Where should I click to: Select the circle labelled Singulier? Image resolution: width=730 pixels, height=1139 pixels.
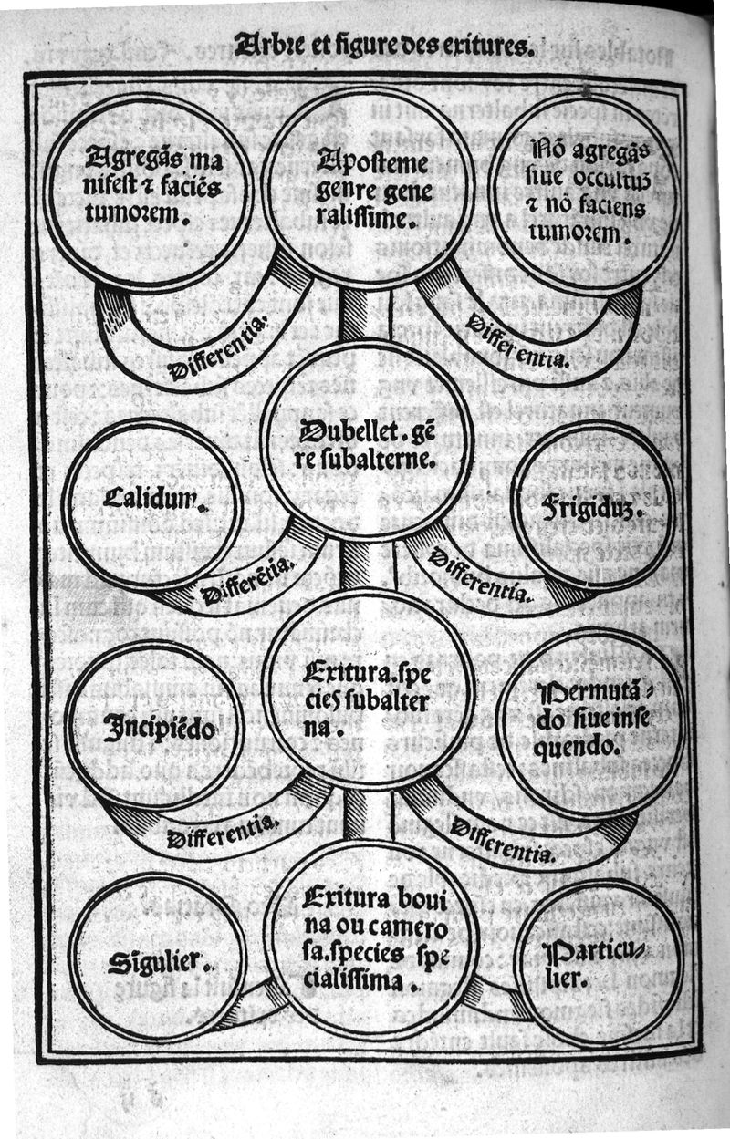[157, 958]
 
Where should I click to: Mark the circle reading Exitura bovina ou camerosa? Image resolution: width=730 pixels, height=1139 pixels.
[370, 939]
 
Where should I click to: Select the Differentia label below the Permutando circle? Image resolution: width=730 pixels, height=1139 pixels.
[501, 840]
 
